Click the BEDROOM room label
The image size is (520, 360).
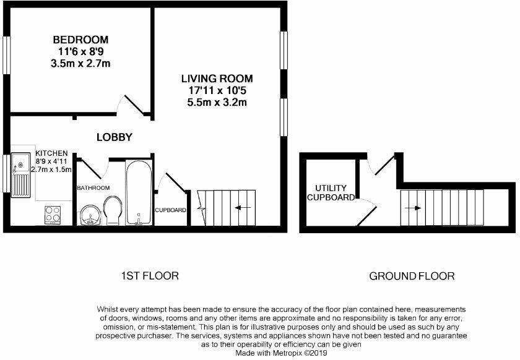(80, 40)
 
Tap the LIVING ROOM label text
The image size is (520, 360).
(217, 79)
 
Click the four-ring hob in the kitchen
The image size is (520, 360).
(52, 214)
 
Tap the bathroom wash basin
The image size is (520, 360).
(90, 215)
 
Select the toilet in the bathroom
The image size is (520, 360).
(112, 209)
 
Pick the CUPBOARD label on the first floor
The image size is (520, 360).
(171, 210)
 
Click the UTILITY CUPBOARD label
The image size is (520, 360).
(331, 192)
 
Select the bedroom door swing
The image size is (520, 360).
(135, 105)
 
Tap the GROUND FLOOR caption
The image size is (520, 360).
(412, 276)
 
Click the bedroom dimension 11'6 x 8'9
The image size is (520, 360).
(80, 52)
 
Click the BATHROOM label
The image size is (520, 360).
(93, 187)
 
